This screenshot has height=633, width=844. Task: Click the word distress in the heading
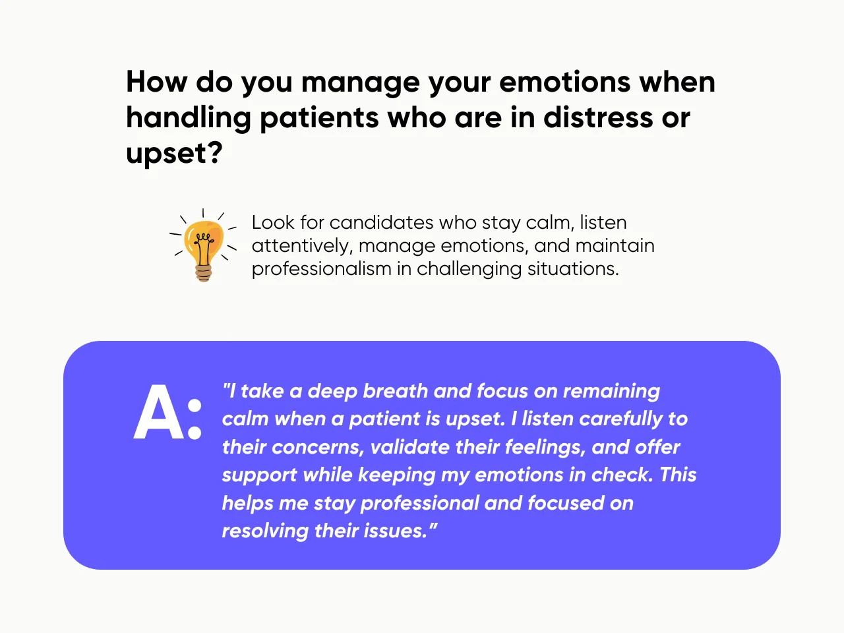[x=589, y=117]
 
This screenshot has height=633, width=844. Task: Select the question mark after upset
[x=215, y=153]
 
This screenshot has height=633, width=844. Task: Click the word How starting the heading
[x=156, y=82]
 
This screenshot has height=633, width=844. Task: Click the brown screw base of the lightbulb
[x=203, y=273]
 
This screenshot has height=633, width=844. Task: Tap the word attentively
[x=301, y=246]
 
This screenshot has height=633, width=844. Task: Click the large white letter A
[x=159, y=413]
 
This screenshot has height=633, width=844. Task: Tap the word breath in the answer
[x=395, y=391]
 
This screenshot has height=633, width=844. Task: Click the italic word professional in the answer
[x=419, y=503]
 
